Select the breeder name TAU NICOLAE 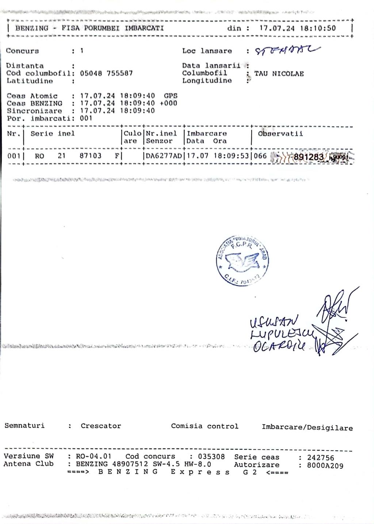[x=279, y=74]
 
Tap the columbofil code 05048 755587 [x=106, y=73]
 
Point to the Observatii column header [x=280, y=134]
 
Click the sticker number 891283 [x=309, y=157]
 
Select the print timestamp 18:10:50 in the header [x=318, y=28]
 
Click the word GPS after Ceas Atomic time [x=170, y=96]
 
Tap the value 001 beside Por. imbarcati [x=86, y=118]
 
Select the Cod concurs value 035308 [x=211, y=456]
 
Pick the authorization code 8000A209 [x=325, y=466]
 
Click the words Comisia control [x=205, y=426]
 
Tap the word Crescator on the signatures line [x=101, y=426]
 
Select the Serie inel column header [x=52, y=134]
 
